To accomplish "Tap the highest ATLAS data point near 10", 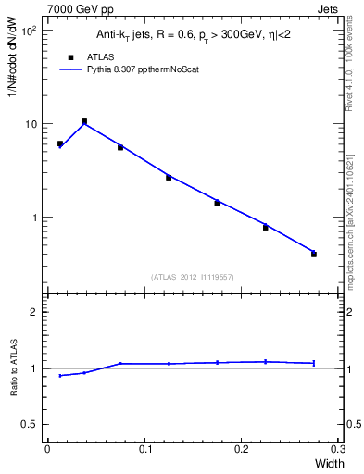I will (84, 121).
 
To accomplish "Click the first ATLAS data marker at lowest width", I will (60, 143).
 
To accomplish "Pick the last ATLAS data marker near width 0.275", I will (314, 254).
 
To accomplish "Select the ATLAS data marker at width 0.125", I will (169, 177).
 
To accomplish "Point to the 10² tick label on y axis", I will (29, 31).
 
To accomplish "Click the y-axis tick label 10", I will (31, 124).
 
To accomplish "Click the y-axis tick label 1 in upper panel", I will (35, 218).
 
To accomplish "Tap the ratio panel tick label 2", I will (35, 312).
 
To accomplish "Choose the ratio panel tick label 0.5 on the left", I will (31, 424).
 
